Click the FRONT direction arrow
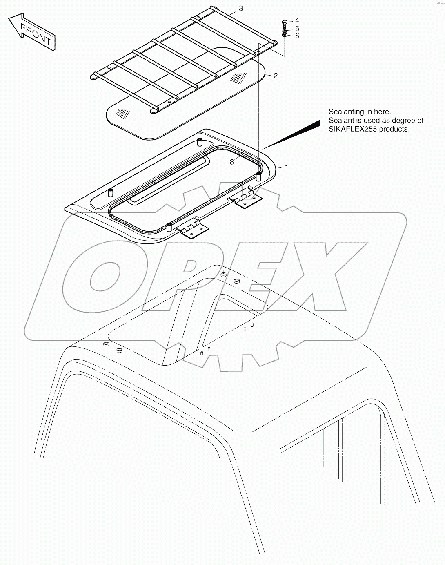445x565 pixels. [32, 32]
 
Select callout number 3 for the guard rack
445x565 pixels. [241, 9]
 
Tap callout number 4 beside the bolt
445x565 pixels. [297, 20]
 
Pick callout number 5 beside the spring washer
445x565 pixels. [297, 28]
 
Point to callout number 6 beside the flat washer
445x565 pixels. [297, 36]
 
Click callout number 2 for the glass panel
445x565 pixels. [276, 76]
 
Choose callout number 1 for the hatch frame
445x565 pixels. [287, 167]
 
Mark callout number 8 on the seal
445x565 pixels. [231, 162]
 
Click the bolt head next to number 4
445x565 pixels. [285, 23]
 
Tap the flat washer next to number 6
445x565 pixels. [285, 35]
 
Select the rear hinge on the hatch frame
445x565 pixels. [245, 199]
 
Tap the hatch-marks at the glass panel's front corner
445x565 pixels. [123, 114]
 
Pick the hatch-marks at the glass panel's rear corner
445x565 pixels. [238, 78]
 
